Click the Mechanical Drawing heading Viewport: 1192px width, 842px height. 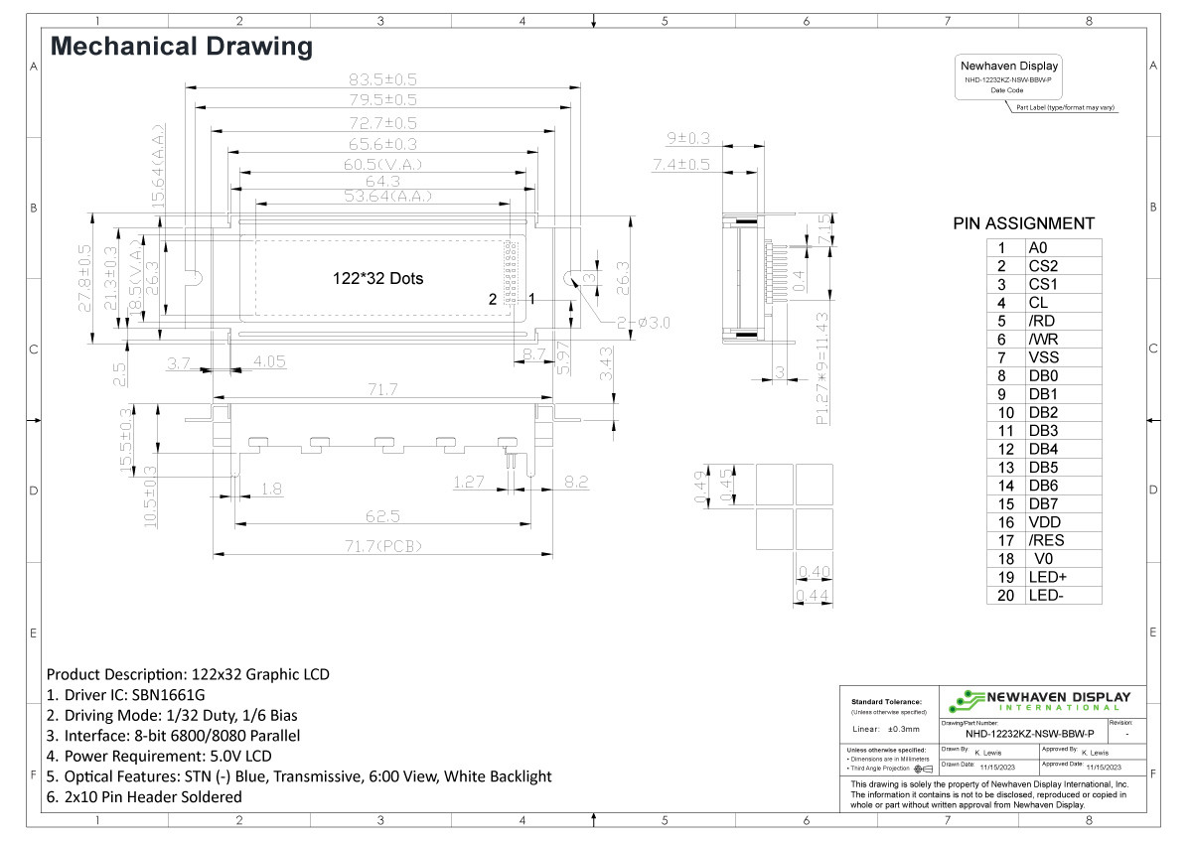[x=181, y=46]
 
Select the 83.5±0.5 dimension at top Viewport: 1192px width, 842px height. [x=381, y=79]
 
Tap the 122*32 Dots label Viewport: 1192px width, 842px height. [x=377, y=279]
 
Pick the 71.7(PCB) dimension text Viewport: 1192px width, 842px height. [x=381, y=545]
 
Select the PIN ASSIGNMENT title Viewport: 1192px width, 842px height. [x=1023, y=223]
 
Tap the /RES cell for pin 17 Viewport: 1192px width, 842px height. [x=1046, y=540]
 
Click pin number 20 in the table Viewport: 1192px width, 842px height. [x=1005, y=596]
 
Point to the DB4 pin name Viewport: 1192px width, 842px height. [x=1043, y=449]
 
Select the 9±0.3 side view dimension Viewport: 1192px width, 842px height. [x=687, y=138]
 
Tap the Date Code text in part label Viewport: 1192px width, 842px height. [x=1007, y=90]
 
